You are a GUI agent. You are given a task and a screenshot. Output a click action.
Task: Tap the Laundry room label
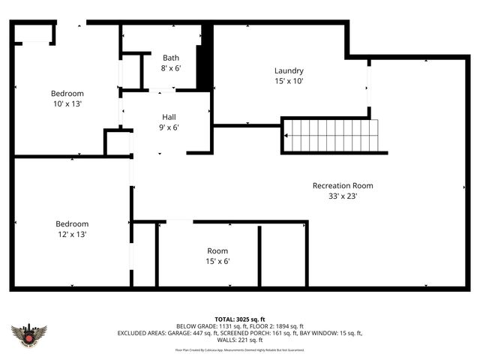289,70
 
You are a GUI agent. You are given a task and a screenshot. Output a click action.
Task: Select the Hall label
169,117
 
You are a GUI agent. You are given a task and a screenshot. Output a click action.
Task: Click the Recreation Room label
343,185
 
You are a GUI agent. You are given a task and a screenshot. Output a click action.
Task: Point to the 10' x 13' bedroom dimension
67,103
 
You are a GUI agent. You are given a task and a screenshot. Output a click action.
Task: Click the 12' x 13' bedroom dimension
72,234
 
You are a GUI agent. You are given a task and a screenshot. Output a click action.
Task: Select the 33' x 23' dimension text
343,196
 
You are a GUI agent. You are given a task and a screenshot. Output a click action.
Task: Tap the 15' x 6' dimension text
217,261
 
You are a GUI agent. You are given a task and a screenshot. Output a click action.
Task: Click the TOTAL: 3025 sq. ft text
239,319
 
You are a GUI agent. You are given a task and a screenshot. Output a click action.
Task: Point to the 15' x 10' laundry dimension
289,81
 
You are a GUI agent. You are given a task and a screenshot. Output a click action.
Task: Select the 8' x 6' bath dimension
172,67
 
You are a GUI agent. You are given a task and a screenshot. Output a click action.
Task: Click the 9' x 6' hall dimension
169,127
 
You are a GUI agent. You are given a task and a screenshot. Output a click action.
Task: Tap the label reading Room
217,250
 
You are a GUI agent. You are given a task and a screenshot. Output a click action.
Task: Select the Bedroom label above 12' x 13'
72,223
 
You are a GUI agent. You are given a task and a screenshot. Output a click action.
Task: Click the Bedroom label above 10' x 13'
67,93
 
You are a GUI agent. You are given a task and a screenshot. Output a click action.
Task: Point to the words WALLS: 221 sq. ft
239,340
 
